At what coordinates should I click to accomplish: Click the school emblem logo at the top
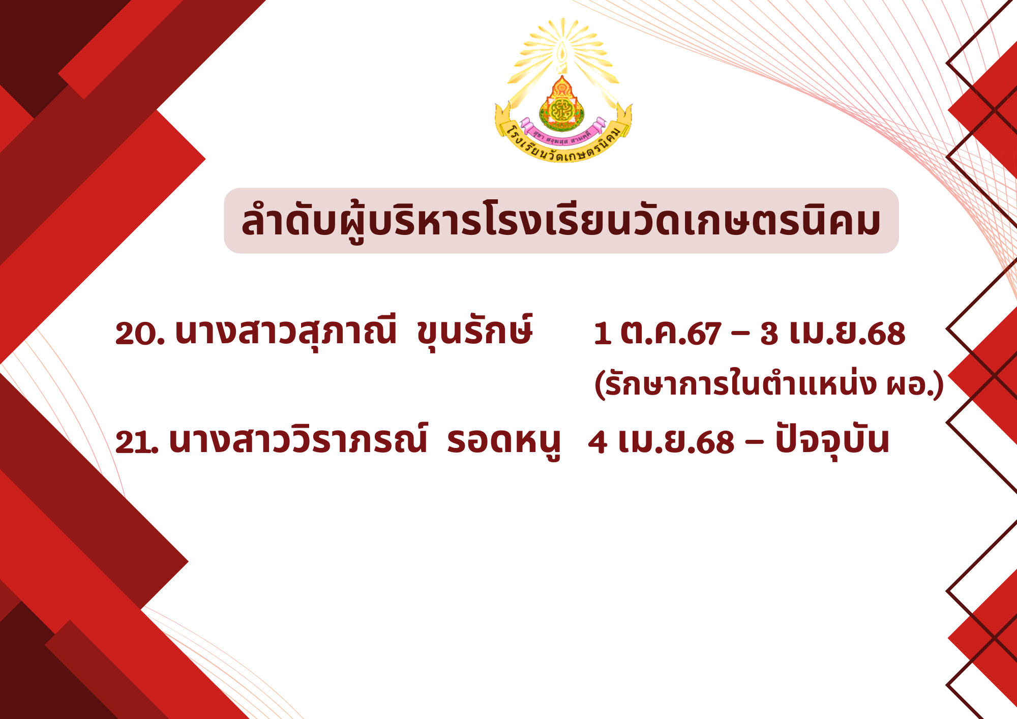(x=563, y=91)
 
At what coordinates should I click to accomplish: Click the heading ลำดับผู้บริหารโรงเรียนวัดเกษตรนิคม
(x=561, y=221)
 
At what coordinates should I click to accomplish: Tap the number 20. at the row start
(x=140, y=334)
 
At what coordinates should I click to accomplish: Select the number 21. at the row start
(x=137, y=441)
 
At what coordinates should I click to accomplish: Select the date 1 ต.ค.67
(x=657, y=334)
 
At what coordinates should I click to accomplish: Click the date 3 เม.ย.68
(x=833, y=334)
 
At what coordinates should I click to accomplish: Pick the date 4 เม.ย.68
(x=661, y=441)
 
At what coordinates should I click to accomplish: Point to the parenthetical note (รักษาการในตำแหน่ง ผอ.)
(x=769, y=384)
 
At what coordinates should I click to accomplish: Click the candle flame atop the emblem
(x=562, y=53)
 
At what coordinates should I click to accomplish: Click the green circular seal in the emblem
(x=561, y=110)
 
